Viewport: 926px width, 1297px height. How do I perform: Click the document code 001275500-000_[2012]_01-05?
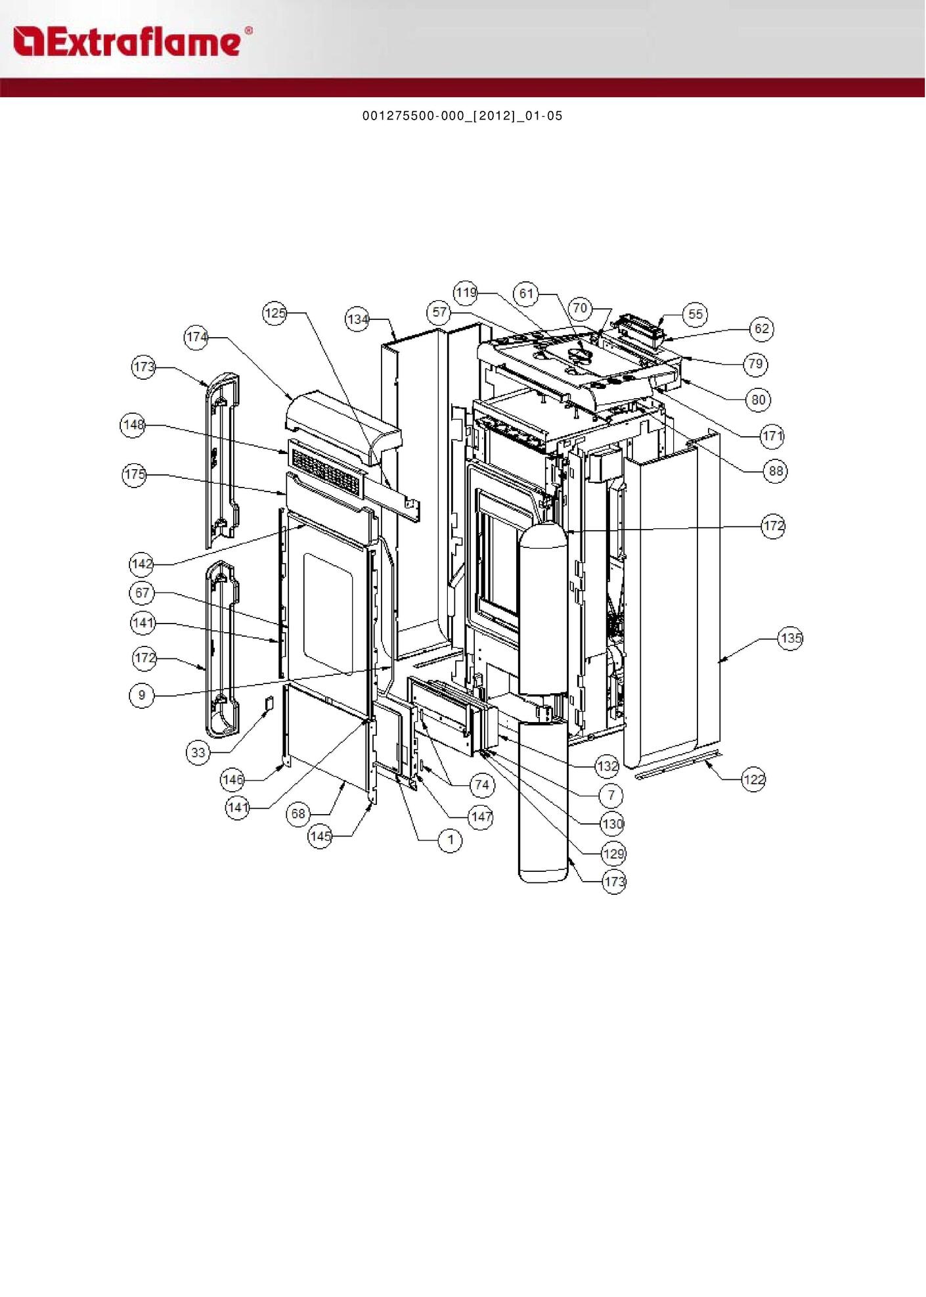(x=462, y=116)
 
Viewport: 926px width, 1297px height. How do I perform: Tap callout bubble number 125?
(x=275, y=313)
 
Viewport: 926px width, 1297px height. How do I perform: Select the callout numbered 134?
(x=357, y=319)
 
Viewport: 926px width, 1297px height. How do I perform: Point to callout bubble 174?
(x=196, y=337)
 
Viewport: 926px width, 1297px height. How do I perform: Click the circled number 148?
(x=133, y=424)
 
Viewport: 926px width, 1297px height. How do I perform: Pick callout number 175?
(x=135, y=474)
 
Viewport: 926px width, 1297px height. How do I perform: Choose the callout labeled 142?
(x=142, y=563)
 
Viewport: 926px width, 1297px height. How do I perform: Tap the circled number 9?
(x=142, y=694)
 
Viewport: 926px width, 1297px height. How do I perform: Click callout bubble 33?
(x=198, y=752)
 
